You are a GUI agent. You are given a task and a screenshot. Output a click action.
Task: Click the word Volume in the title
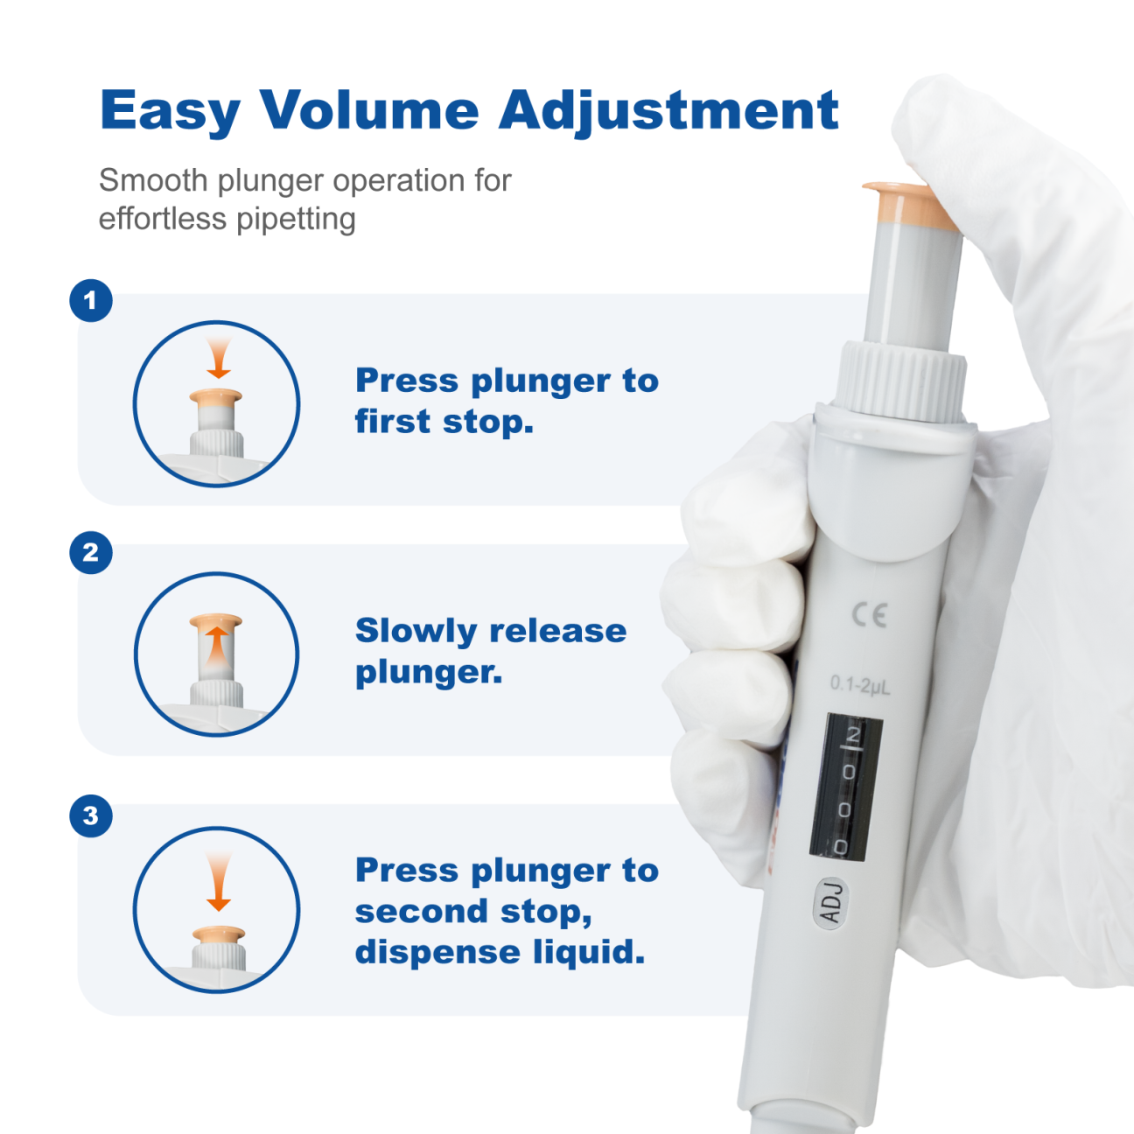coord(369,109)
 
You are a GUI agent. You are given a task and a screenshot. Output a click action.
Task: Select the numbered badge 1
coord(91,301)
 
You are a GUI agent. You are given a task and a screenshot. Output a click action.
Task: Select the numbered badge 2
coord(91,553)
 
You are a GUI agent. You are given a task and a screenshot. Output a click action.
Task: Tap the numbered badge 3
coord(91,816)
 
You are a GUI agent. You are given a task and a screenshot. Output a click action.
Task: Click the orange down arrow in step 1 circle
coord(219,358)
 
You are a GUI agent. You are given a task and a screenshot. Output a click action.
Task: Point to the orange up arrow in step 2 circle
coord(217,646)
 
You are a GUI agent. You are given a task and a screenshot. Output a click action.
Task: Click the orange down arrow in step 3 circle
coord(219,881)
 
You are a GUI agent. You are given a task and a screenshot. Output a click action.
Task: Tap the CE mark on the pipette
coord(869,615)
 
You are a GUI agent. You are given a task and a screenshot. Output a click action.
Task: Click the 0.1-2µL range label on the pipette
coord(860,685)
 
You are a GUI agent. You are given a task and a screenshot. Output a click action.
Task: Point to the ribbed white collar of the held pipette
coord(901,381)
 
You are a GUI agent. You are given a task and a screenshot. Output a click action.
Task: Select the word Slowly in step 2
coord(416,632)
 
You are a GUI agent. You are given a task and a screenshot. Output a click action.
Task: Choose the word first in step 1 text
coord(393,422)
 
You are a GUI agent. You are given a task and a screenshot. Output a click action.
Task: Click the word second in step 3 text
coord(422,912)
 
